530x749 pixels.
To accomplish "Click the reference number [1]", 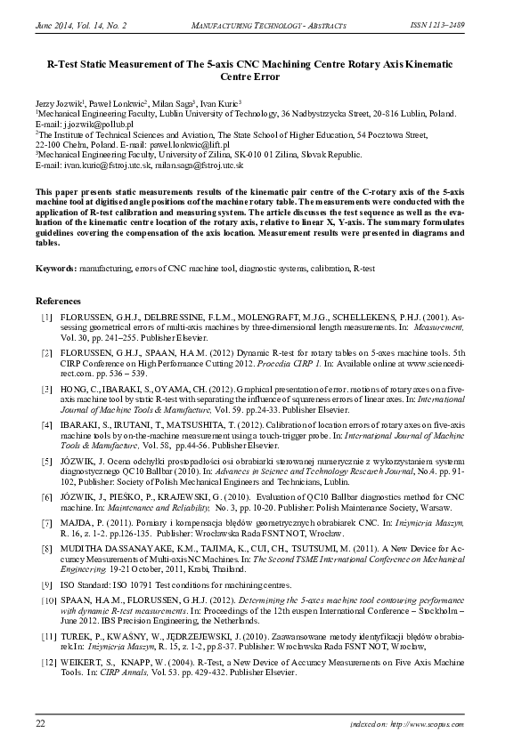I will pos(45,318).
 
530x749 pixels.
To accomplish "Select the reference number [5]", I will pos(45,462).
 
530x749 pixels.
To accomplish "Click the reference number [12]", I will pos(44,664).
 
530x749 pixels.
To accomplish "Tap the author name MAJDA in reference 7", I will pos(77,526).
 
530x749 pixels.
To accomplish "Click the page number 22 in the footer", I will pos(40,724).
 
